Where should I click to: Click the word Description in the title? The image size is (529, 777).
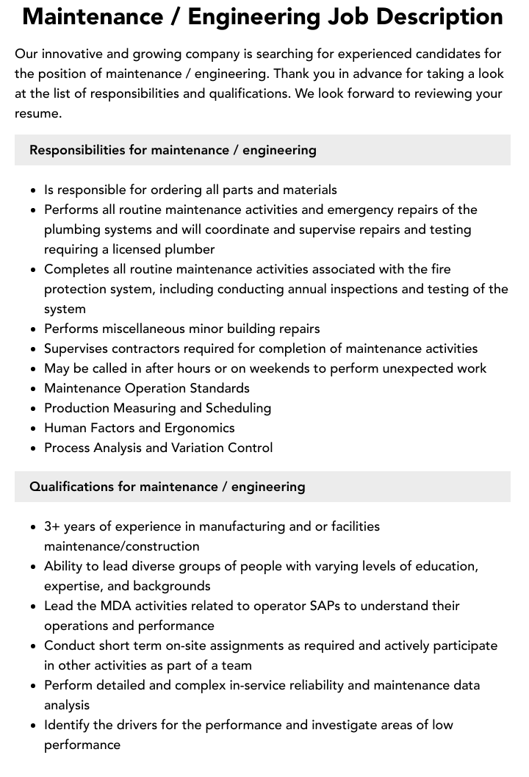click(434, 18)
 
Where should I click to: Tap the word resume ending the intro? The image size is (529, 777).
click(37, 113)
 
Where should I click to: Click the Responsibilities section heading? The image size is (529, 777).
click(173, 150)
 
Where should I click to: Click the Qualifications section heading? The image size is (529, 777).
click(167, 487)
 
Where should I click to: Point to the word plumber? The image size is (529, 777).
click(190, 249)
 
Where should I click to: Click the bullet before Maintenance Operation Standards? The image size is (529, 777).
click(33, 389)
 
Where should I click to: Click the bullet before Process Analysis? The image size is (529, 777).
click(33, 448)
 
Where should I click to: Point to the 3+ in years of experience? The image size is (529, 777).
click(52, 526)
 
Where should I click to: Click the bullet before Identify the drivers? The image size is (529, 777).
click(33, 726)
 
